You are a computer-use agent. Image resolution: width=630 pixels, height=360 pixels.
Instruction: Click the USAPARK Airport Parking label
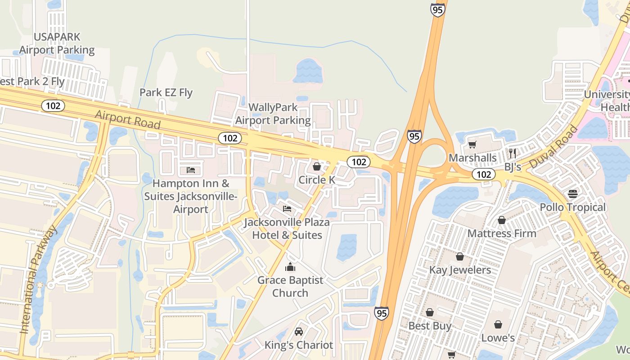(57, 43)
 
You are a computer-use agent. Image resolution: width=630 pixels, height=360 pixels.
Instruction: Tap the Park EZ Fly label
(166, 93)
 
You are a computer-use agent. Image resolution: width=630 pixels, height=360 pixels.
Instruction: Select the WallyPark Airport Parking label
(273, 114)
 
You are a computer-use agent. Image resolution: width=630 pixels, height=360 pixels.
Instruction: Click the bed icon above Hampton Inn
(191, 170)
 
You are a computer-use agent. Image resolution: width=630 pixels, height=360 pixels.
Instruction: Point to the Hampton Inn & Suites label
(191, 196)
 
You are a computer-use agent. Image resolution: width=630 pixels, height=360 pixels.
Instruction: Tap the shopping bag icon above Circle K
(317, 166)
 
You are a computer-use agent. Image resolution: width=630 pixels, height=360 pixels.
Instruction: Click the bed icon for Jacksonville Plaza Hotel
(287, 209)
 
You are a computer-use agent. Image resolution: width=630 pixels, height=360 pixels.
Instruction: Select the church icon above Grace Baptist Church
(290, 267)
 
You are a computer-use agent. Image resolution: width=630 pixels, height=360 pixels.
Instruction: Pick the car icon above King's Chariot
(298, 332)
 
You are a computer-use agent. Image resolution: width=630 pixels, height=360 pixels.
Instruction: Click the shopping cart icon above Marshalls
(472, 144)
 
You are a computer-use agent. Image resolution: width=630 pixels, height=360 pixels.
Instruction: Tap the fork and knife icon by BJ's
(512, 153)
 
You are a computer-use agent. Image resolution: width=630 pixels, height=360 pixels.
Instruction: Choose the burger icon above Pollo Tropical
(572, 194)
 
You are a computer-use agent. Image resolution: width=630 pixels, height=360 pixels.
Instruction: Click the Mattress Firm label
(502, 234)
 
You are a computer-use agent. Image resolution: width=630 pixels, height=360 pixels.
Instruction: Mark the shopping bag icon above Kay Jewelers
(459, 256)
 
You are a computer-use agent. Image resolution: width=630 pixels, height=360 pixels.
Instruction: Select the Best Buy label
(430, 325)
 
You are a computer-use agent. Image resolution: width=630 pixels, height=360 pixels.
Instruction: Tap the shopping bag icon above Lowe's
(498, 324)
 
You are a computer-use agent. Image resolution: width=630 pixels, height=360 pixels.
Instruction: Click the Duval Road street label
(554, 147)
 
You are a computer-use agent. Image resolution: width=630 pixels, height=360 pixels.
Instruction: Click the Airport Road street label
(127, 119)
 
